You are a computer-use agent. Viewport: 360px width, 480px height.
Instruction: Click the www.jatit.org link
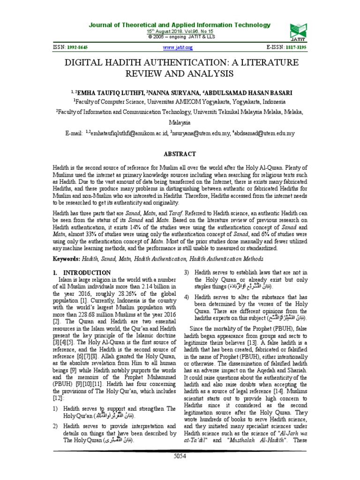pos(178,48)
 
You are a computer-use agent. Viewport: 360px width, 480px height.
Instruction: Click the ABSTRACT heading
pos(180,154)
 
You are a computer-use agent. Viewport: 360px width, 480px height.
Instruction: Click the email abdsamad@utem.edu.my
pos(264,133)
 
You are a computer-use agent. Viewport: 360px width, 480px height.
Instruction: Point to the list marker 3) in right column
pos(186,272)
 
